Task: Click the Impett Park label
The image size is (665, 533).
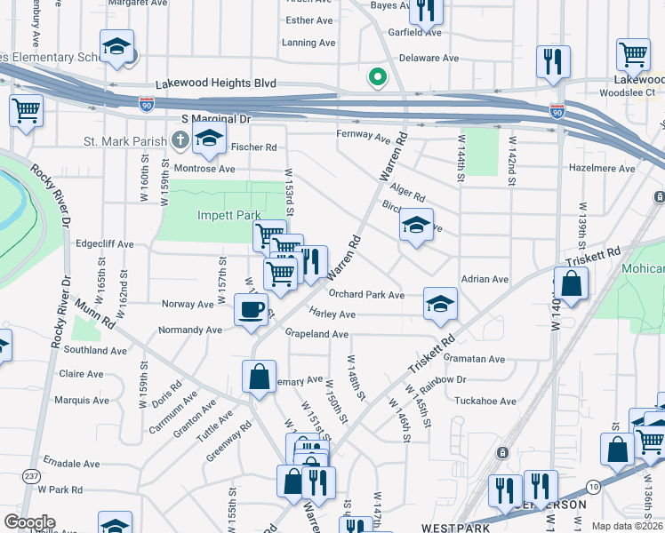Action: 228,215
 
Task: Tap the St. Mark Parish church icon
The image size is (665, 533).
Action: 180,139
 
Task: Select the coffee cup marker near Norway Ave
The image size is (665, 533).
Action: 250,309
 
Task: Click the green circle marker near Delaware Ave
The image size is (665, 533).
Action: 378,77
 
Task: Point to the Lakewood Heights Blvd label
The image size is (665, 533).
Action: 216,84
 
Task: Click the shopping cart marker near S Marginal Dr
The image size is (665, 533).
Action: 26,111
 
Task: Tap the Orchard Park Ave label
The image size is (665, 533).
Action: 366,295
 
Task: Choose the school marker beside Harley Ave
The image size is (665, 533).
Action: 440,304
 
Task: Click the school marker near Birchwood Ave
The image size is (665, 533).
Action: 416,225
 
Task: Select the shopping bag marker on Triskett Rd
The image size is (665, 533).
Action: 573,284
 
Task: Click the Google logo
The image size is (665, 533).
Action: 29,522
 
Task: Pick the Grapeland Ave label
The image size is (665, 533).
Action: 316,334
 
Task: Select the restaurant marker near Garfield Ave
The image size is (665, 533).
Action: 427,12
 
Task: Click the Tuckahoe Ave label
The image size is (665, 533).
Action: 485,401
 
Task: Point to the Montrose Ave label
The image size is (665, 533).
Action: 204,169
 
